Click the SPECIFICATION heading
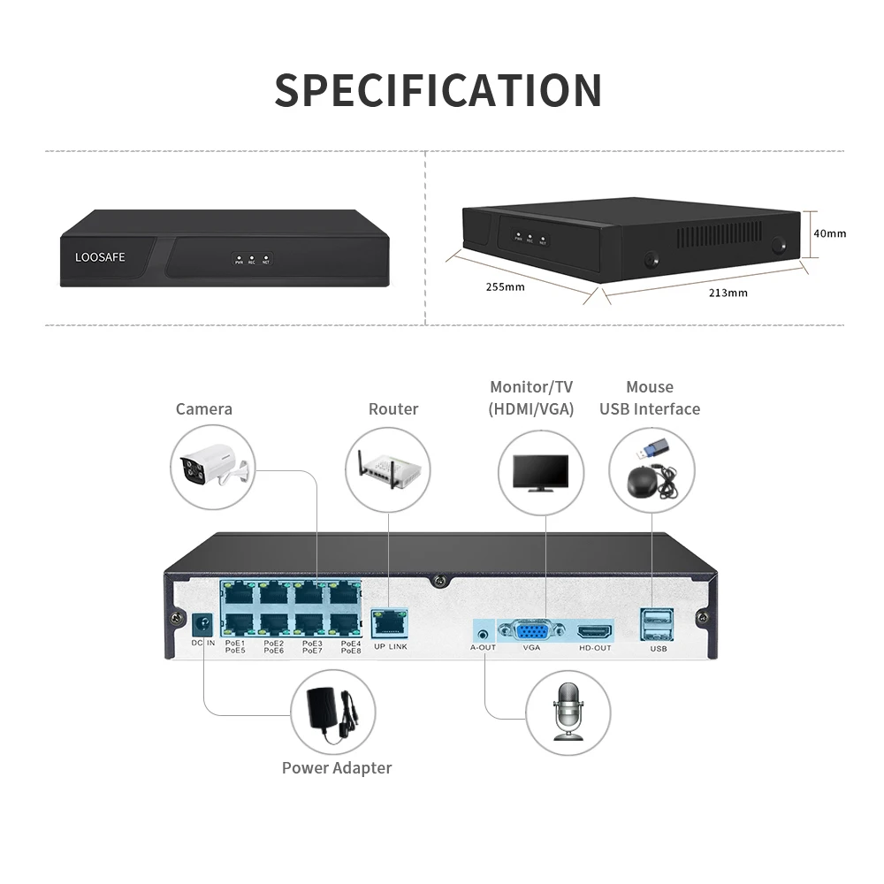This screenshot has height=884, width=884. tap(438, 90)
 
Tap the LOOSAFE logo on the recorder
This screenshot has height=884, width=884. tap(100, 257)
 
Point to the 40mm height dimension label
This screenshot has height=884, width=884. tap(829, 233)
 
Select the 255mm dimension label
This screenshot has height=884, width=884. tap(505, 286)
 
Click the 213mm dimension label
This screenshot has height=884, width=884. tap(728, 293)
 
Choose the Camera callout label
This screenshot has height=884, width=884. tap(204, 408)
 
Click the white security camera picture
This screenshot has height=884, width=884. tap(213, 468)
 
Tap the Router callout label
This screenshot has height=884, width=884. tap(393, 408)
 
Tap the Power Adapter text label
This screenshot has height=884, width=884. tap(337, 767)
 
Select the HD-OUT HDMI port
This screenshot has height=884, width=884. tap(594, 633)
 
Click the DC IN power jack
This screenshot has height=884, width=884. tap(204, 624)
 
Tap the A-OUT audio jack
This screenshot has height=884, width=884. tap(483, 633)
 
